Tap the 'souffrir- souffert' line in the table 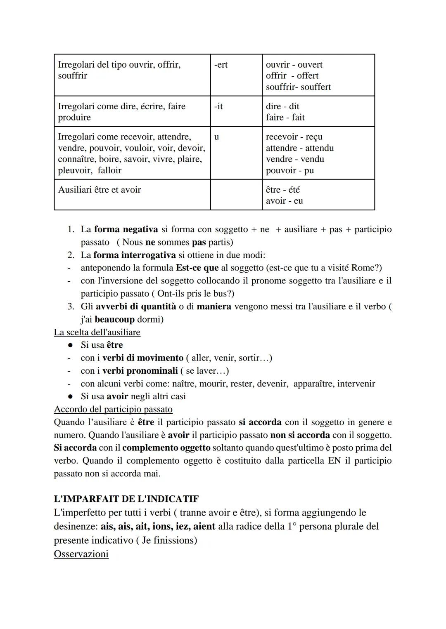pos(298,87)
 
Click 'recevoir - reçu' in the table pos(294,137)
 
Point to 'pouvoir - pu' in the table pos(289,170)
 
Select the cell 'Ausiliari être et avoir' pos(100,190)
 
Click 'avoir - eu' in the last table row pos(284,201)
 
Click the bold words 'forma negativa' pos(126,229)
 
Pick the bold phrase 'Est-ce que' pos(197,268)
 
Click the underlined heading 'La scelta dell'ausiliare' pos(97,332)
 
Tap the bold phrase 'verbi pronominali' pos(140,371)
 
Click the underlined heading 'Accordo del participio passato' pos(113,410)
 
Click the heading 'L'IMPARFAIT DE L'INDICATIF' pos(126,499)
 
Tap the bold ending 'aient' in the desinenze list pos(204,527)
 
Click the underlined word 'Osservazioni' pos(81,554)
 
